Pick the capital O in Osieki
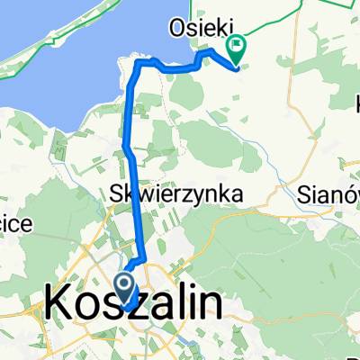[x=176, y=30]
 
